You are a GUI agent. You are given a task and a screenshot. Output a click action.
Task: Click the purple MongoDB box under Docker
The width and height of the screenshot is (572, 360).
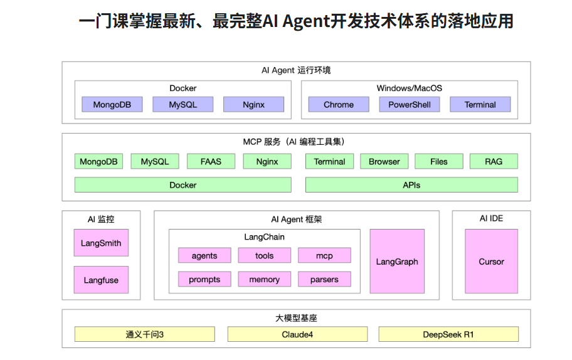pyautogui.click(x=112, y=105)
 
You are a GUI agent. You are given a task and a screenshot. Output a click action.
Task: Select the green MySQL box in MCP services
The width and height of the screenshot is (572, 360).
pyautogui.click(x=154, y=161)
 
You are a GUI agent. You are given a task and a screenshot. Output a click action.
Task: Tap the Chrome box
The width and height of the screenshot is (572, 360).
pyautogui.click(x=339, y=105)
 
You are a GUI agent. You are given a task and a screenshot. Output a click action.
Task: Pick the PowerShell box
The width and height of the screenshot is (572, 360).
pyautogui.click(x=409, y=105)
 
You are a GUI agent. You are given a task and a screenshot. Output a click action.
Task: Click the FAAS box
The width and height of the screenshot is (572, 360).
pyautogui.click(x=211, y=161)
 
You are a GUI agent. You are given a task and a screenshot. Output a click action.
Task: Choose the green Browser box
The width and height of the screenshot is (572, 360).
pyautogui.click(x=384, y=161)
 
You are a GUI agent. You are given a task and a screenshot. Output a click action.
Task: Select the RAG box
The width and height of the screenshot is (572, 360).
pyautogui.click(x=494, y=161)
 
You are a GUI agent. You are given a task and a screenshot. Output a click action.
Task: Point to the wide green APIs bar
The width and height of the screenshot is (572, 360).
pyautogui.click(x=411, y=185)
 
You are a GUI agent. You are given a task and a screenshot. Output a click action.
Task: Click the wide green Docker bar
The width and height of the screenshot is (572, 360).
pyautogui.click(x=183, y=185)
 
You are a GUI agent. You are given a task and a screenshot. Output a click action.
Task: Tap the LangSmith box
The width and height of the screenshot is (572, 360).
pyautogui.click(x=101, y=243)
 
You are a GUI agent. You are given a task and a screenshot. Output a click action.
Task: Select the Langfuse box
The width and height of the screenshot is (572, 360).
pyautogui.click(x=101, y=280)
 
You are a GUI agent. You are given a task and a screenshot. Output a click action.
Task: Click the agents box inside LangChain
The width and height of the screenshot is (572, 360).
pyautogui.click(x=204, y=255)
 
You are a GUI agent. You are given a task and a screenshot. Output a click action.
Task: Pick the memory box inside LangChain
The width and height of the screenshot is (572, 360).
pyautogui.click(x=264, y=279)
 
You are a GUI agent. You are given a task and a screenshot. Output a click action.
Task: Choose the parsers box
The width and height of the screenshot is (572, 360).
pyautogui.click(x=324, y=279)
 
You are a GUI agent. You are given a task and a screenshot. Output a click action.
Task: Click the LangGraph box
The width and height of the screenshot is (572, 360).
pyautogui.click(x=397, y=262)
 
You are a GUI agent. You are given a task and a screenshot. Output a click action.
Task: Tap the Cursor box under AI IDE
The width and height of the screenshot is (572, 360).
pyautogui.click(x=491, y=262)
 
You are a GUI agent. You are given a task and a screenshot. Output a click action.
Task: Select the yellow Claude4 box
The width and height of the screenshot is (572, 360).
pyautogui.click(x=297, y=334)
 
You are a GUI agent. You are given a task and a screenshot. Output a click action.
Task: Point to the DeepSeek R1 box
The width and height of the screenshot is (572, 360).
pyautogui.click(x=448, y=334)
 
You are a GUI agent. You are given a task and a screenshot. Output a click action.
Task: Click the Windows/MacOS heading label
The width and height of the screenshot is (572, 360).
pyautogui.click(x=409, y=88)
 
